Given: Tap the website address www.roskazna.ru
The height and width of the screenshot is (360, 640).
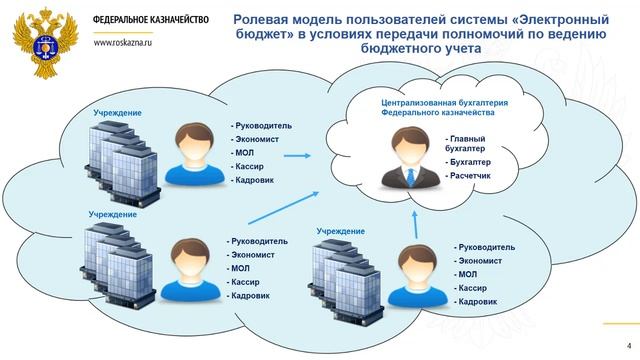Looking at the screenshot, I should [129, 44].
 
